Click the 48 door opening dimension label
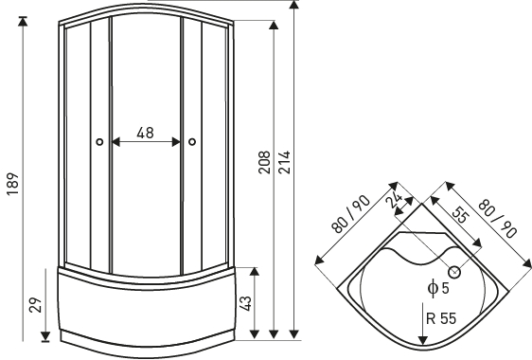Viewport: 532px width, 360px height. point(145,133)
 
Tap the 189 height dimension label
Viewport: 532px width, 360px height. point(13,184)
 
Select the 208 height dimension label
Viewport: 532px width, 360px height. point(264,162)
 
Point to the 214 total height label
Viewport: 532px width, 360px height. point(284,162)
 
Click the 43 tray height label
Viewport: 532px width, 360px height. point(245,303)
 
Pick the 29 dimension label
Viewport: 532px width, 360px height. point(35,305)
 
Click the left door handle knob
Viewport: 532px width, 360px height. point(99,142)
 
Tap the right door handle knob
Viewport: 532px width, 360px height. point(192,142)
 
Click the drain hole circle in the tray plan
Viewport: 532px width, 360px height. point(454,272)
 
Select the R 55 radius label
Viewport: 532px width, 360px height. point(441,318)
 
